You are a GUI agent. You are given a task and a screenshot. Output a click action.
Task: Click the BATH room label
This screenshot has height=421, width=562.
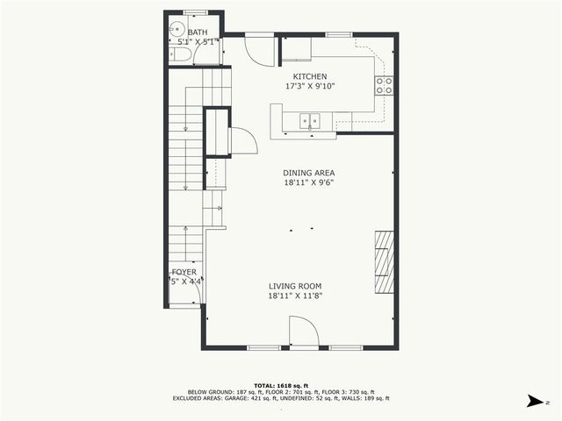click(198, 32)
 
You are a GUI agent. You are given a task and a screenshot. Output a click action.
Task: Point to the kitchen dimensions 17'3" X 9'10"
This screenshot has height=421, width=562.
click(310, 87)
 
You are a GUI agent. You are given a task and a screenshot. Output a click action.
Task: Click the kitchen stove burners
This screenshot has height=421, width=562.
click(384, 85)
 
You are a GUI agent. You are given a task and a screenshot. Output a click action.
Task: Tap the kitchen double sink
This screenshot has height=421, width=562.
click(310, 121)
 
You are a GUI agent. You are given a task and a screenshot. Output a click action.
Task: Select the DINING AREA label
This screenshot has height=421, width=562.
click(308, 173)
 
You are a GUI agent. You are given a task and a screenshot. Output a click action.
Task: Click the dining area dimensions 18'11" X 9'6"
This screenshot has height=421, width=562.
click(308, 182)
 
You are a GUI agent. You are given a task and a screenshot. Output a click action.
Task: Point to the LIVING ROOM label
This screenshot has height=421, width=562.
click(295, 286)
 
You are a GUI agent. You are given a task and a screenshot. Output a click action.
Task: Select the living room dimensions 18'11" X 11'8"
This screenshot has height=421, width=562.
click(295, 296)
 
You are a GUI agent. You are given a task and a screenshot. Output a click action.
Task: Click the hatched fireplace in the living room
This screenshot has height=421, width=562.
click(384, 262)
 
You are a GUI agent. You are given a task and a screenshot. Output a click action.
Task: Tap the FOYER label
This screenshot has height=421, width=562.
click(184, 273)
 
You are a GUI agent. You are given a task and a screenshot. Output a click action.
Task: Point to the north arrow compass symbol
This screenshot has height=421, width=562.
click(534, 401)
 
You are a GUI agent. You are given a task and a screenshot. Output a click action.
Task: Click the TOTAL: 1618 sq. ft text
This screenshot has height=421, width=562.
click(280, 385)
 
